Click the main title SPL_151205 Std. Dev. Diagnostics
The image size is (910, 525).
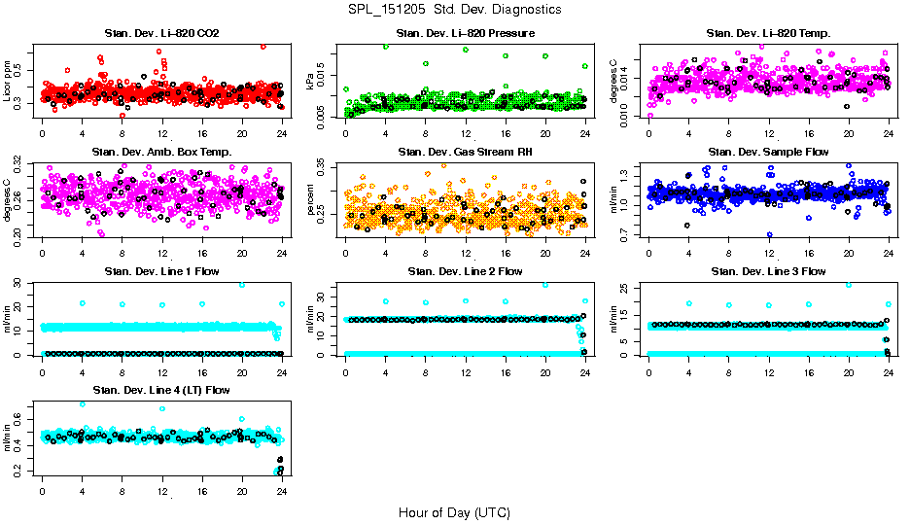tap(454, 9)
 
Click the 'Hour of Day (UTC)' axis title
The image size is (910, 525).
tap(454, 511)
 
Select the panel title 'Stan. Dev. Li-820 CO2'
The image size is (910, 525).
tap(161, 33)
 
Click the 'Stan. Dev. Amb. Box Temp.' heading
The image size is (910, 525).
tap(161, 152)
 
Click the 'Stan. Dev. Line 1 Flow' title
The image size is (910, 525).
tap(161, 271)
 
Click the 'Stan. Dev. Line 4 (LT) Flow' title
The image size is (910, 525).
tap(161, 390)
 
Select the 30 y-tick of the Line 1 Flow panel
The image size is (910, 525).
tap(22, 283)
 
